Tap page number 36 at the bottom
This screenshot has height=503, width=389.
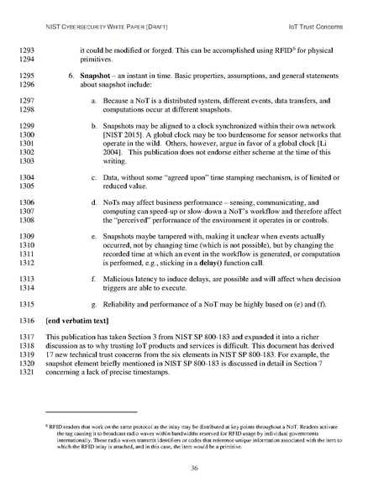(x=194, y=468)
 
